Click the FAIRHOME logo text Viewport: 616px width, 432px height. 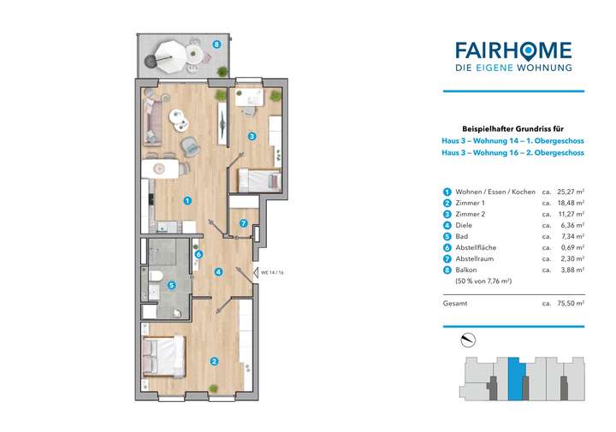(x=513, y=50)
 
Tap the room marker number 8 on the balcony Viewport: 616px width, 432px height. (x=217, y=44)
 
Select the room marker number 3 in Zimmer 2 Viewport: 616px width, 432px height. (x=252, y=136)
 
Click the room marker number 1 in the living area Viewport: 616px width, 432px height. (x=187, y=201)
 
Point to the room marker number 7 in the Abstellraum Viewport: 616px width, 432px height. (x=244, y=224)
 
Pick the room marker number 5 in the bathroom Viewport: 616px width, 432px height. (x=172, y=286)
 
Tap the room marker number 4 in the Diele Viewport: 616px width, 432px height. (x=219, y=273)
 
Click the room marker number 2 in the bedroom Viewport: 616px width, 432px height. (x=214, y=360)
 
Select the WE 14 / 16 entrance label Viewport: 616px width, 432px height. (x=272, y=273)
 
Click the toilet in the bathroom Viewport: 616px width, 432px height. (x=156, y=275)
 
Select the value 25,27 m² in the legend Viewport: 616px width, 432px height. (x=571, y=192)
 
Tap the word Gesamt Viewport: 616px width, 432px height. (x=455, y=303)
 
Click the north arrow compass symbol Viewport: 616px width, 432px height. (x=466, y=340)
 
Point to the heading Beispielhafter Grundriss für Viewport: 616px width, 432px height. (x=512, y=126)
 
